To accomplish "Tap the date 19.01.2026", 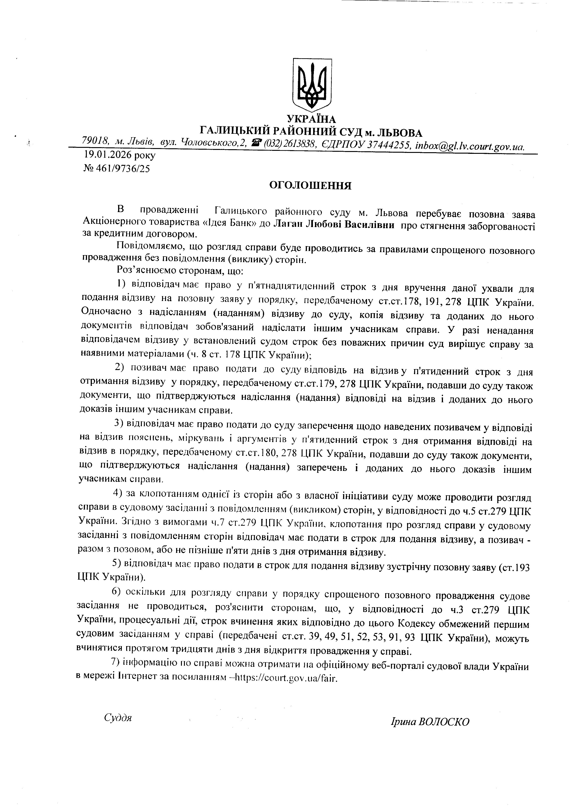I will [x=109, y=155].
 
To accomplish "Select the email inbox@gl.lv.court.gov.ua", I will [x=470, y=146].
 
